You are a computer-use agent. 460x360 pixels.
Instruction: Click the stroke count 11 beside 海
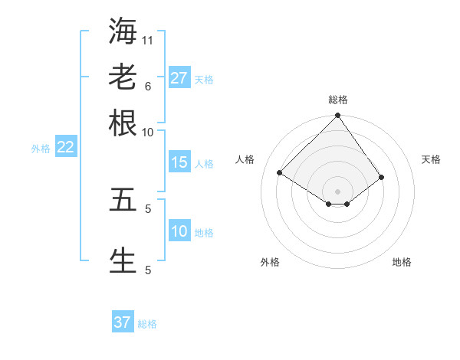[148, 39]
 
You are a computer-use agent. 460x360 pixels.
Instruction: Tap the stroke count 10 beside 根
[148, 131]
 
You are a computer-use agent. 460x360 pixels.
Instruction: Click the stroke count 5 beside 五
[148, 208]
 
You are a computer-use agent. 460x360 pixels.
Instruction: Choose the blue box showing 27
[179, 78]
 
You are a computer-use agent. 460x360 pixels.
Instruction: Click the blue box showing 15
[179, 162]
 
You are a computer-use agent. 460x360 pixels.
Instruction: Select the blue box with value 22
[65, 148]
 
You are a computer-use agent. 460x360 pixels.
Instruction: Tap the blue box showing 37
[123, 322]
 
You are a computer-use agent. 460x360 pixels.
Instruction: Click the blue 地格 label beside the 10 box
[204, 233]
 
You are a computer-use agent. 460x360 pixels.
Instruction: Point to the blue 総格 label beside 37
[147, 324]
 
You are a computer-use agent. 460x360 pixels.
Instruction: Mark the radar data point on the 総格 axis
[337, 116]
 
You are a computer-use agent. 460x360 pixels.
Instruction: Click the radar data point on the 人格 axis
[280, 173]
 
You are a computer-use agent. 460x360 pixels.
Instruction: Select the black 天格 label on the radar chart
[432, 159]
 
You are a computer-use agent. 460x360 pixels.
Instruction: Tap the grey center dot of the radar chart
[337, 191]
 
